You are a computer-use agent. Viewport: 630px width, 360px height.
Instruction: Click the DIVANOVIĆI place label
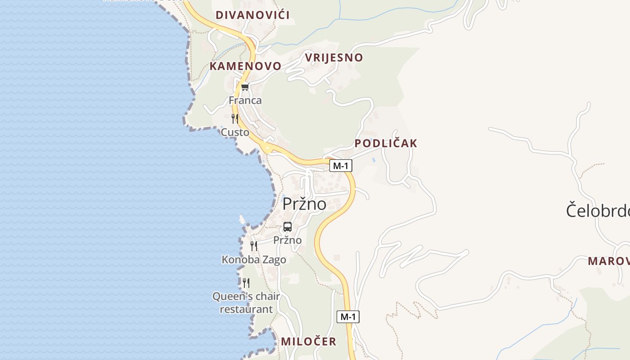[252, 15]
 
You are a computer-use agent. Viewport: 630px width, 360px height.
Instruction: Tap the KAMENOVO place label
[245, 66]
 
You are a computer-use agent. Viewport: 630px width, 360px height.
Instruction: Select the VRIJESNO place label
[333, 58]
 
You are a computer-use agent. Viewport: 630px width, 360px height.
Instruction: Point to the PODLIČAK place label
[386, 144]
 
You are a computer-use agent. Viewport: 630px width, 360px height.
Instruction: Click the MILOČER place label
[308, 342]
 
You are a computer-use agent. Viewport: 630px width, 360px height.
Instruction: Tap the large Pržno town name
[304, 204]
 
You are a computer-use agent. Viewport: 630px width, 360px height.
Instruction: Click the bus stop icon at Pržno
[288, 227]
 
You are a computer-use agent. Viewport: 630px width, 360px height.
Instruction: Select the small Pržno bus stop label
[288, 240]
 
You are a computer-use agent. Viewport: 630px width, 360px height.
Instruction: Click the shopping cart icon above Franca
[245, 87]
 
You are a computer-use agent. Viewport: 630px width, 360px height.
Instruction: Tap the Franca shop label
[245, 100]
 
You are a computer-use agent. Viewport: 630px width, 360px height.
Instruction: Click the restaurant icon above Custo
[235, 119]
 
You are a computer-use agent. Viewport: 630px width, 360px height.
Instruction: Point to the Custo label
[235, 132]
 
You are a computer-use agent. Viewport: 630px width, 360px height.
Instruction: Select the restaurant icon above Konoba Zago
[254, 246]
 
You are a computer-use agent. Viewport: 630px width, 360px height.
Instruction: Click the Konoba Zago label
[254, 260]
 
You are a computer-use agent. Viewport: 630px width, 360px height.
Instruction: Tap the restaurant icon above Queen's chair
[246, 283]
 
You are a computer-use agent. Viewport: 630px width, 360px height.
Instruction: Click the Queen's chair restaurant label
[246, 303]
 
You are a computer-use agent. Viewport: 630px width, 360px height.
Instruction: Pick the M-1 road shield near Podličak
[341, 166]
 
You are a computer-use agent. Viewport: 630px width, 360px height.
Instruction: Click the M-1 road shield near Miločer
[348, 317]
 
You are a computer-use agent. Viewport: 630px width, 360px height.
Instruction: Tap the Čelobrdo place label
[597, 211]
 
